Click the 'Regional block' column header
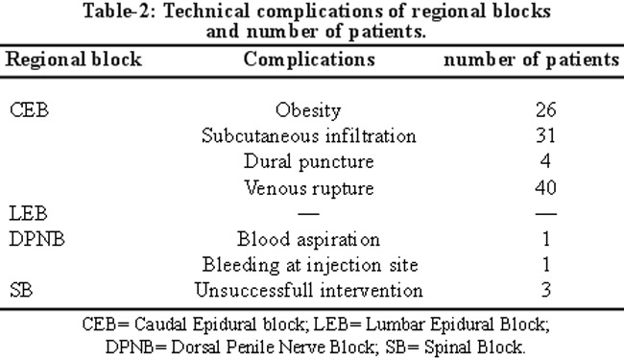74,60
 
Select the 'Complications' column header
309,60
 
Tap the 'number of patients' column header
531,60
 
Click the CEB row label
29,110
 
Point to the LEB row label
28,214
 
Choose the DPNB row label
36,239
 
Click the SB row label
21,290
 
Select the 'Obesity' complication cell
308,110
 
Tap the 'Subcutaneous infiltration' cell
309,135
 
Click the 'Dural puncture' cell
309,162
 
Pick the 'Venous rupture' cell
309,188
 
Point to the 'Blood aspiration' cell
308,240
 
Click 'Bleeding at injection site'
310,265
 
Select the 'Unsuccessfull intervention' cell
309,290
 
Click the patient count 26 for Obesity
545,109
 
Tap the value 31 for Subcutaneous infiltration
545,135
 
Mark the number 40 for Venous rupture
545,187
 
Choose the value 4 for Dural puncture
545,161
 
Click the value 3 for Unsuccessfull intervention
546,290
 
